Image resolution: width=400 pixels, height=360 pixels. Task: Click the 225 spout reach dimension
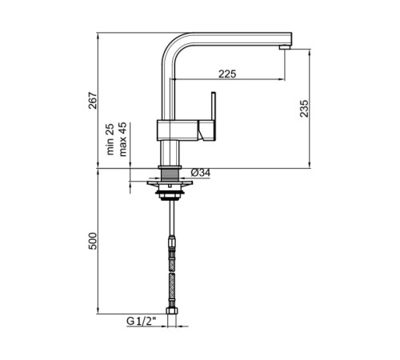click(x=227, y=74)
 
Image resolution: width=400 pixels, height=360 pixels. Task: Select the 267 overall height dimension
click(x=93, y=100)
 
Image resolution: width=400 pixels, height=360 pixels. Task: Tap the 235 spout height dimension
click(x=304, y=108)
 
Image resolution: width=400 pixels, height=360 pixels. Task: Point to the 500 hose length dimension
click(x=93, y=241)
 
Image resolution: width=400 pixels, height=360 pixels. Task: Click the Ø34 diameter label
click(x=201, y=173)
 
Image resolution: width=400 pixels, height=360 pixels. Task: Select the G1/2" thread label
click(x=141, y=321)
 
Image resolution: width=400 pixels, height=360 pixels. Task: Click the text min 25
click(x=110, y=139)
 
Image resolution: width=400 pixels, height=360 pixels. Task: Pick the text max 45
click(x=122, y=139)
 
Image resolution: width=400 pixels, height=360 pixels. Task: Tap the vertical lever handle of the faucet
click(x=213, y=106)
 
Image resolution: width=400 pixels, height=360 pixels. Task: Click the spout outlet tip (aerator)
click(x=284, y=47)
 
